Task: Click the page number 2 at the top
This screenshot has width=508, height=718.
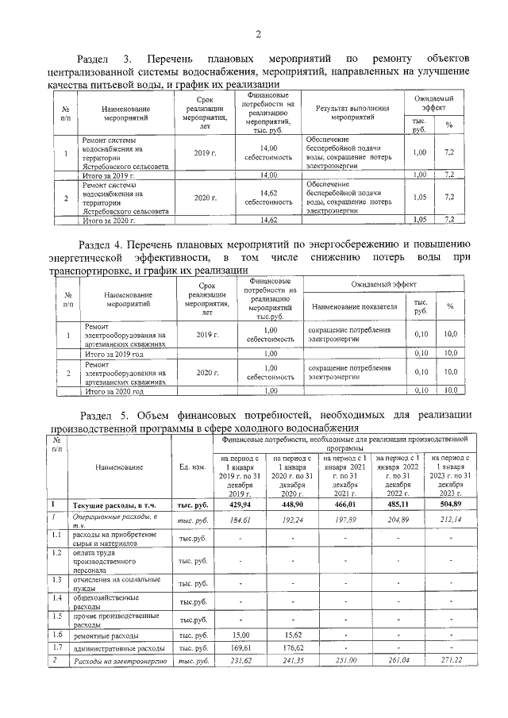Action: coord(258,33)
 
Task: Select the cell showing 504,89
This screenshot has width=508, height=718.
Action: coord(444,504)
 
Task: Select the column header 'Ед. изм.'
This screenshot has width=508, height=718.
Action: coord(194,467)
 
